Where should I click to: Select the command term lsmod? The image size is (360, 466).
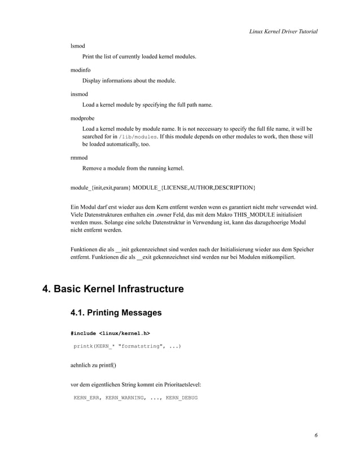click(77, 44)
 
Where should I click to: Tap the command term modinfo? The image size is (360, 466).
click(80, 69)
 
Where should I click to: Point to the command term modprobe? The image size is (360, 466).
click(82, 118)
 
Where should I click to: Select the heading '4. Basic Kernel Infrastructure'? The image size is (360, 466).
click(113, 289)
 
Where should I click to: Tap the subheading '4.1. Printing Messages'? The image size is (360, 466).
click(116, 313)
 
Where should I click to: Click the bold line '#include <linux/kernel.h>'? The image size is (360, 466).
click(110, 333)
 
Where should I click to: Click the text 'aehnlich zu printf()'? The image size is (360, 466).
click(93, 365)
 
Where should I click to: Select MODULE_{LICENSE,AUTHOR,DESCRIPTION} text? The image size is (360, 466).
click(194, 187)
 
